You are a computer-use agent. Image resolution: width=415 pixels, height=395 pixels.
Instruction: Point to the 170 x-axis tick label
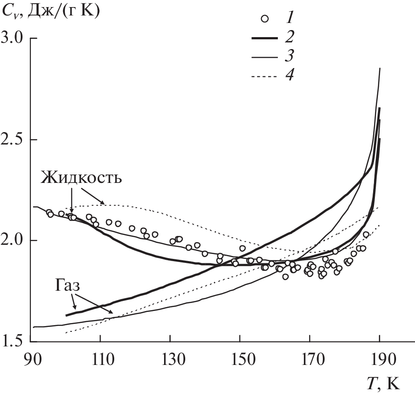coord(310,357)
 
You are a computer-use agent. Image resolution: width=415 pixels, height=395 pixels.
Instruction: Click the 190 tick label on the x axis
coord(379,357)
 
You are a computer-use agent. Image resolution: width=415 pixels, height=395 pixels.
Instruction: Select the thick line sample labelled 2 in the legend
coord(267,38)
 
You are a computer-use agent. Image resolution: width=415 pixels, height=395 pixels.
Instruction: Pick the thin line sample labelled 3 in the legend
coord(267,57)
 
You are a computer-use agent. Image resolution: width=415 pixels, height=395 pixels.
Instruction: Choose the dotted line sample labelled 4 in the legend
coord(267,77)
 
